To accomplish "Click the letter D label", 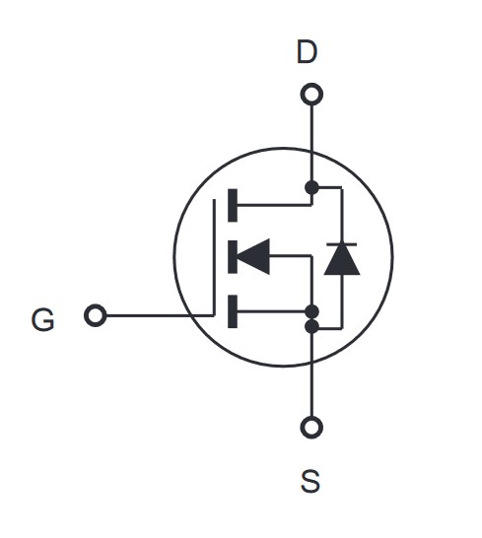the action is point(307,52).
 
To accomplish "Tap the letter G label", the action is point(43,319).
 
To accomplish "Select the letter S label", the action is point(310,482).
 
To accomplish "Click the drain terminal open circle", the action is point(311,94).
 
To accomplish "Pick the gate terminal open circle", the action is point(95,315).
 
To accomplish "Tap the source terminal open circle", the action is point(311,428).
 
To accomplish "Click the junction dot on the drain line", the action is point(311,187).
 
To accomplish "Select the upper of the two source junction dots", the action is point(311,311).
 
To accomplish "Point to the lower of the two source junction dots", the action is point(311,326).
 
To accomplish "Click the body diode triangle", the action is point(342,260).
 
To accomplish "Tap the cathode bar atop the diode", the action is point(342,244).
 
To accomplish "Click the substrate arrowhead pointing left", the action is point(253,256).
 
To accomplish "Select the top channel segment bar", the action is point(233,205).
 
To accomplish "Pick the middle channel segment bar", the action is point(233,256).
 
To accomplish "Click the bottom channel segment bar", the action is point(233,311).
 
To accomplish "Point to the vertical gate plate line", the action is point(214,257).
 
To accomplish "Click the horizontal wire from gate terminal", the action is point(160,315).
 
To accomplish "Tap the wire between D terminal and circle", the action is point(311,127).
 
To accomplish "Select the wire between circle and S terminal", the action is point(311,390).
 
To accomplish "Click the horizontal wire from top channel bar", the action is point(274,205).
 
